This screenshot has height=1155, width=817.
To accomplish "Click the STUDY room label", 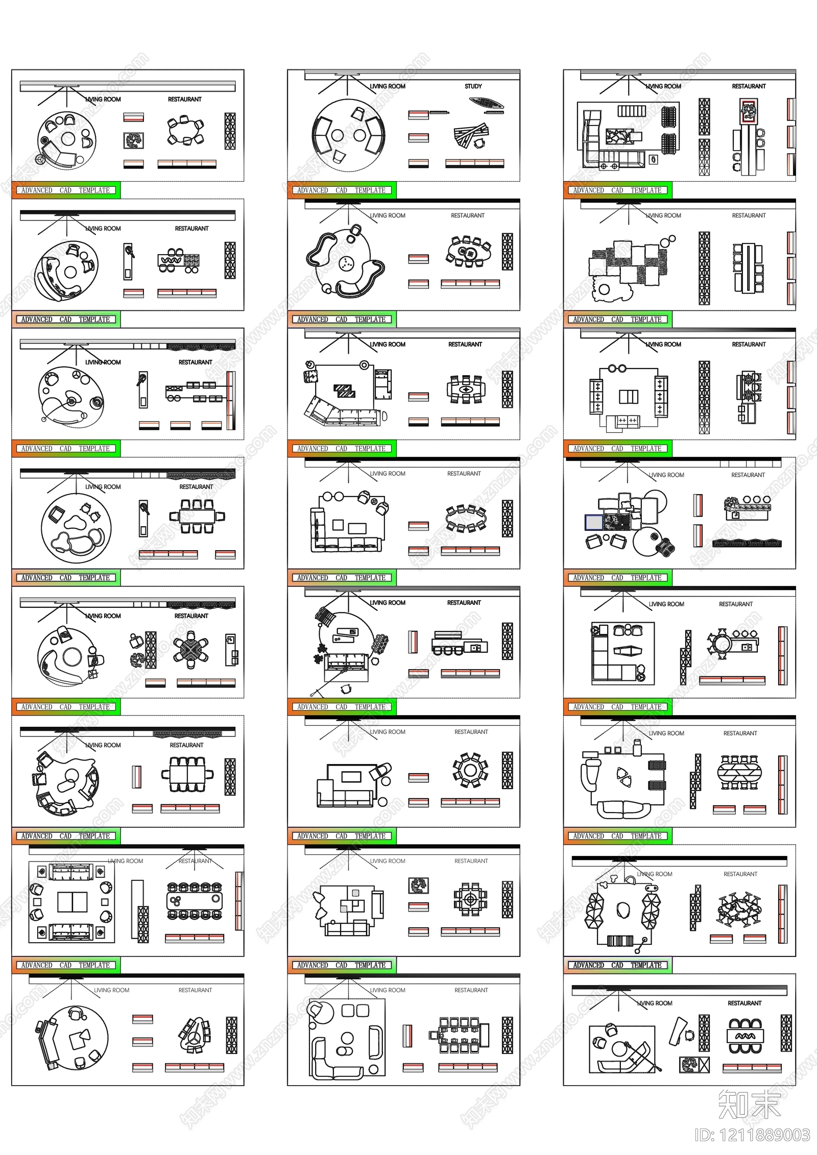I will (x=473, y=86).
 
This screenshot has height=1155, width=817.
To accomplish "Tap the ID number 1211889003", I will (x=752, y=1135).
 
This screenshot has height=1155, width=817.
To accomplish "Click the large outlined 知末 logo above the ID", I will (x=749, y=1103).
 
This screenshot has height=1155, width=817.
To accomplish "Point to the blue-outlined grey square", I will (x=594, y=522).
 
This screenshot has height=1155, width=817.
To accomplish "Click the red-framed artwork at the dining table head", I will (x=749, y=111).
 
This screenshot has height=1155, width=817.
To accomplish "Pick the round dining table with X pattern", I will (x=190, y=649).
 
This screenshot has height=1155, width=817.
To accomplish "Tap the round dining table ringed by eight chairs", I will (x=470, y=770).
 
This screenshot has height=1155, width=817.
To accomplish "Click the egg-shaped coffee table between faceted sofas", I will (x=622, y=909).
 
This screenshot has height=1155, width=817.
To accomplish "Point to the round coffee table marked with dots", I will (x=346, y=263).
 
